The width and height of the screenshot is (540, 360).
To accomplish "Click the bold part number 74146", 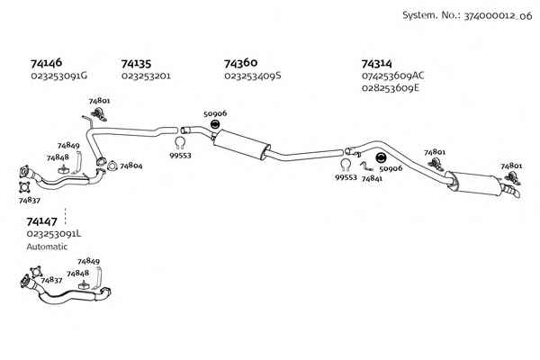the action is tap(46, 63).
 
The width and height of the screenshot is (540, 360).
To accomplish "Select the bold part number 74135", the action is tap(137, 64).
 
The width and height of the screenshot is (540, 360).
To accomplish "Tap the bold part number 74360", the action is tap(240, 63).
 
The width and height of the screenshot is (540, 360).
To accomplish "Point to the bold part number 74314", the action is tap(377, 64).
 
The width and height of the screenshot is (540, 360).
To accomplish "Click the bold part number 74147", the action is tap(42, 221).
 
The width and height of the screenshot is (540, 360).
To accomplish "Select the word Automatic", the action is tap(47, 247).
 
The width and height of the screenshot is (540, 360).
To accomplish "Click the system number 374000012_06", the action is tap(498, 16).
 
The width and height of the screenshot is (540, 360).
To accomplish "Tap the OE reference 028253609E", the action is tap(391, 88).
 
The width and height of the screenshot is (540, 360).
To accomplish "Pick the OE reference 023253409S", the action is tap(253, 76).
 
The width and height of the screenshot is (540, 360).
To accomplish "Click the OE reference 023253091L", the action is tap(54, 234).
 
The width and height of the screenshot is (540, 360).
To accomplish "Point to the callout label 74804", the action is tap(131, 166).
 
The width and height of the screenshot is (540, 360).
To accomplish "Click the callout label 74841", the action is tap(372, 178).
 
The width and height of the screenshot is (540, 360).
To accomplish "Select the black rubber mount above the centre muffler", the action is tap(215, 124).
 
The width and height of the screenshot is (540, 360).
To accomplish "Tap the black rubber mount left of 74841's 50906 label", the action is tap(381, 158).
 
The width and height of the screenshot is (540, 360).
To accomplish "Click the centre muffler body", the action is tap(240, 144).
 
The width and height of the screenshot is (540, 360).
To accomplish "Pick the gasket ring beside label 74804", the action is tap(112, 166).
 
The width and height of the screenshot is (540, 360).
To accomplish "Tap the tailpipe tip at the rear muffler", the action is tap(513, 191).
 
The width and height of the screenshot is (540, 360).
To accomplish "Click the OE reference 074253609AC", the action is tap(393, 76).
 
